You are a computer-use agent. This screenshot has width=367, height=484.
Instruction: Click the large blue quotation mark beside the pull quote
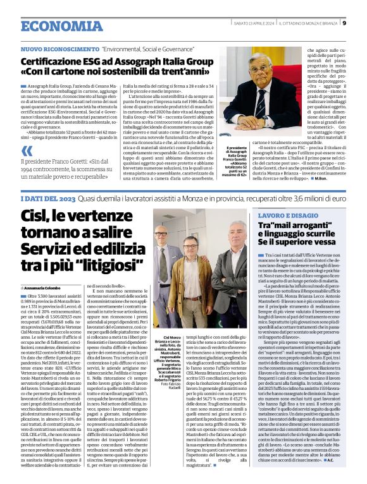26,151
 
